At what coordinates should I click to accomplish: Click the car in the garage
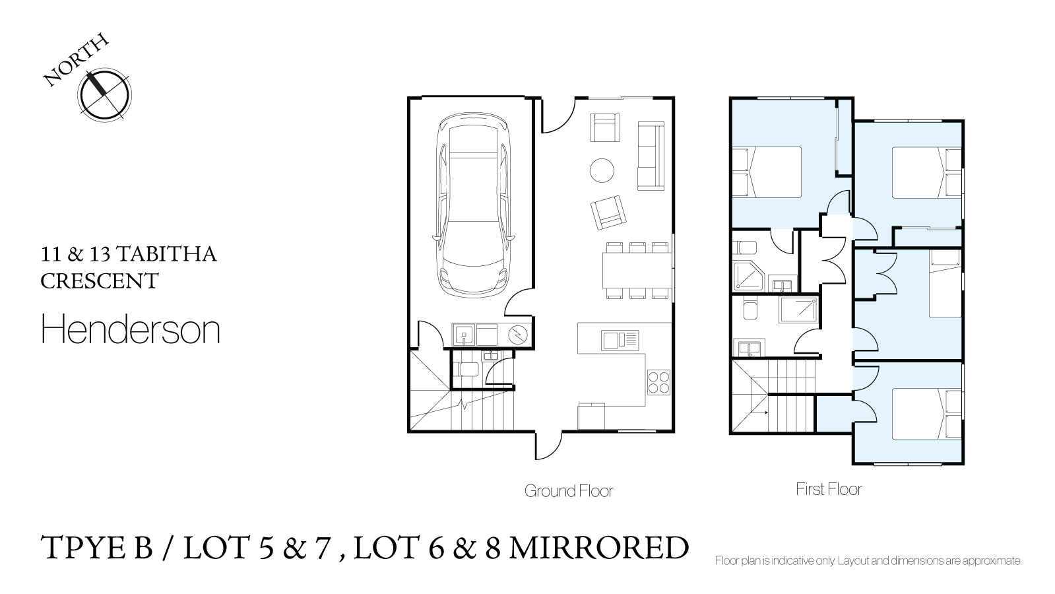pos(473,205)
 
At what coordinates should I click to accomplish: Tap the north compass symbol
pos(104,94)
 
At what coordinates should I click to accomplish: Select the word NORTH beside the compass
pos(76,60)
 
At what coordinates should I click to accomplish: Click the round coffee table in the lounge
pos(602,170)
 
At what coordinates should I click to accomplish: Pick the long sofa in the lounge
pos(651,156)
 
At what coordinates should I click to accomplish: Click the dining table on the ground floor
pos(637,271)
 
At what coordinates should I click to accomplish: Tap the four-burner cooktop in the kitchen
pos(658,382)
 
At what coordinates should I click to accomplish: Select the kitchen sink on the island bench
pos(620,340)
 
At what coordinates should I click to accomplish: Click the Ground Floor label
pos(569,491)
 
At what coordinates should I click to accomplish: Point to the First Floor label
pos(829,489)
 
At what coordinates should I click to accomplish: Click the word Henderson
pos(131,329)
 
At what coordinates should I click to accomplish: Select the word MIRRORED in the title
pos(598,547)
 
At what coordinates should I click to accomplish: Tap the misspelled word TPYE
pos(97,547)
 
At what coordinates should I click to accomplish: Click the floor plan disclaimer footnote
pos(868,560)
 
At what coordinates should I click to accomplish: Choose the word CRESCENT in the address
pos(100,281)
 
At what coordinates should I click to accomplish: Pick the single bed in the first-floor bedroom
pos(945,283)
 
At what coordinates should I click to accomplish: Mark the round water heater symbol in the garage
pos(518,335)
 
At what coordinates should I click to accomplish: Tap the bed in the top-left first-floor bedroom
pos(767,172)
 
